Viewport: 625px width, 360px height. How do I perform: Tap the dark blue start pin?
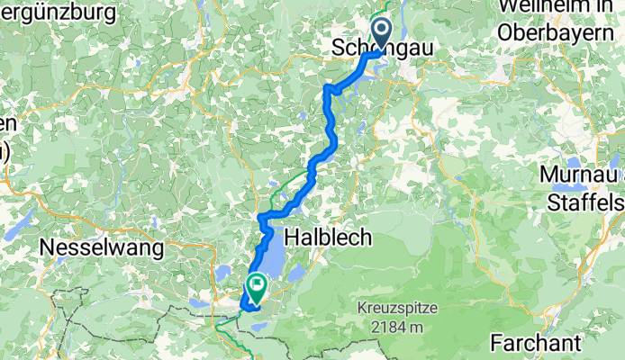coord(382,35)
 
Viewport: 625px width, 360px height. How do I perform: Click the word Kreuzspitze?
coord(396,309)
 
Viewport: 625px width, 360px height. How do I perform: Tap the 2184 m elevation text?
coord(396,328)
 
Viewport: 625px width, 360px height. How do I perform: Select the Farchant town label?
coord(537,342)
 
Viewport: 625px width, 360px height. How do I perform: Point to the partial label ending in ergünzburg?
coord(59,13)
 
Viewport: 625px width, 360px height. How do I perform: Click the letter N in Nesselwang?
coord(46,245)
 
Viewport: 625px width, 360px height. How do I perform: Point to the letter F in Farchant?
coord(498,342)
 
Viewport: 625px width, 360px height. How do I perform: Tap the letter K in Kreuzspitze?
coord(361,309)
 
